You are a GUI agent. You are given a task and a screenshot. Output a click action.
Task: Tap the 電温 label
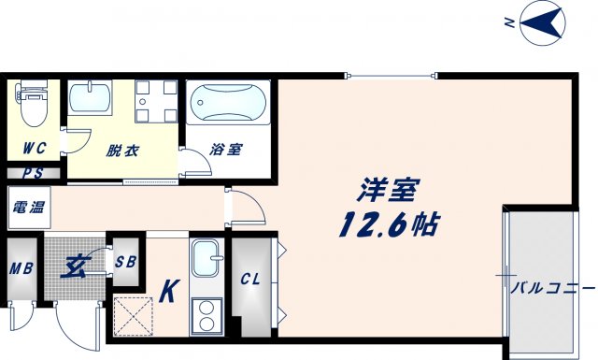(x=28, y=207)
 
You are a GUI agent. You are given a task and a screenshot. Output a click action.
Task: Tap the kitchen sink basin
(x=206, y=257)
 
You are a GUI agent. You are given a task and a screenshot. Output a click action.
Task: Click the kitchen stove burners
(x=206, y=316)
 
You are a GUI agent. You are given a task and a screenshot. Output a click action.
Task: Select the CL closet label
(x=250, y=279)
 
